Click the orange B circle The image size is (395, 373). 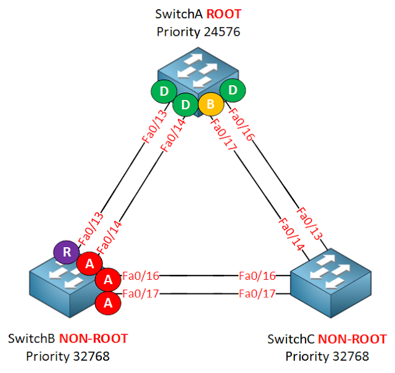(210, 104)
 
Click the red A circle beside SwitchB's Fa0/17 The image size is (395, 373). (107, 302)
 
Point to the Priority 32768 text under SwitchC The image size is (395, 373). (326, 356)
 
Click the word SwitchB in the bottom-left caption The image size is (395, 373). (31, 338)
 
